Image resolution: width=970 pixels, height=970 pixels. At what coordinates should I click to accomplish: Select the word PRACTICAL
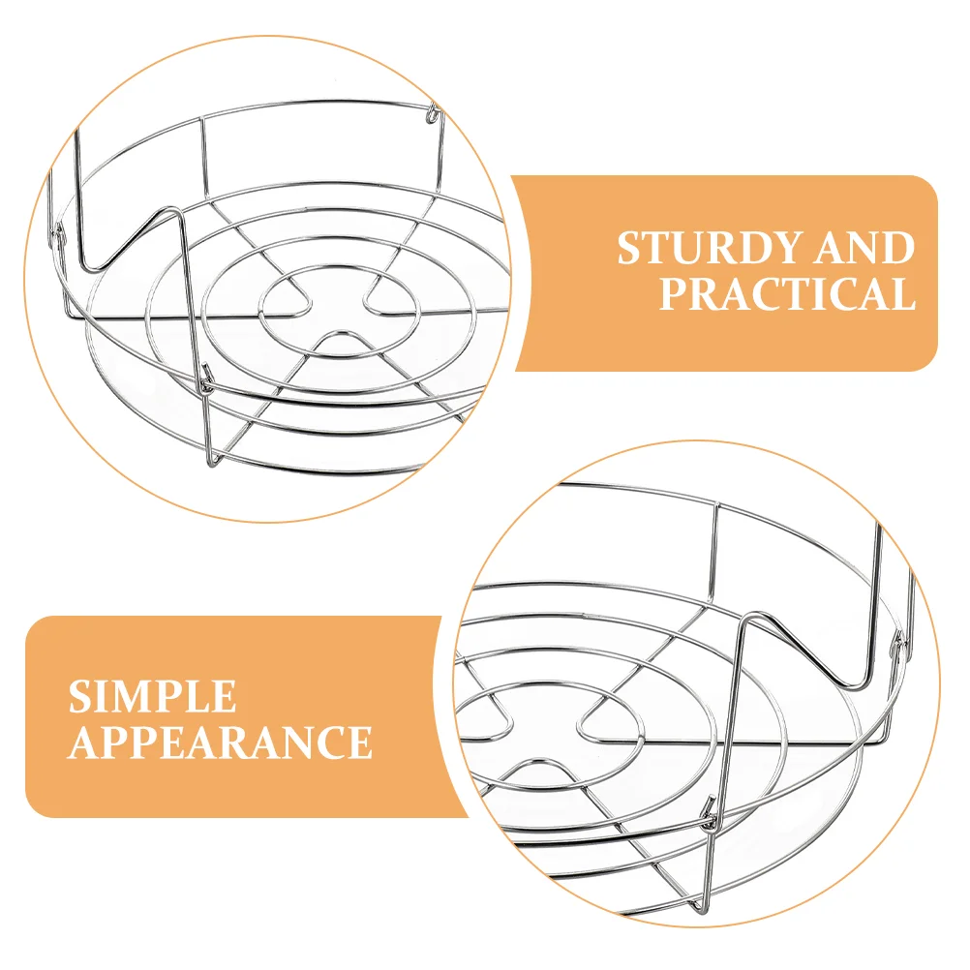[x=787, y=293]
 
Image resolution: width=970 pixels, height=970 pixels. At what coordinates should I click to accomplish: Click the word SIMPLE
[x=152, y=697]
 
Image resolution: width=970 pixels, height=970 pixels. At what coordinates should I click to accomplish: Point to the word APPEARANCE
[x=220, y=742]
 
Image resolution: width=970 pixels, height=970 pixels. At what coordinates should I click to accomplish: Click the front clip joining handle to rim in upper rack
[x=207, y=379]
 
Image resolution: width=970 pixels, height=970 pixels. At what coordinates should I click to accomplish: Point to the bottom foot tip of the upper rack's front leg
[x=211, y=463]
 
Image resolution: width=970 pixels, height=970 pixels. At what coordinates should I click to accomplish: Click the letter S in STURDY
[x=630, y=249]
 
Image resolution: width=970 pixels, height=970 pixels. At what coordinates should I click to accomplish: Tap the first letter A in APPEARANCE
[x=83, y=742]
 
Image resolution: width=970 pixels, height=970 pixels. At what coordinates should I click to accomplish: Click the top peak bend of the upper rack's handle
[x=171, y=212]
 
